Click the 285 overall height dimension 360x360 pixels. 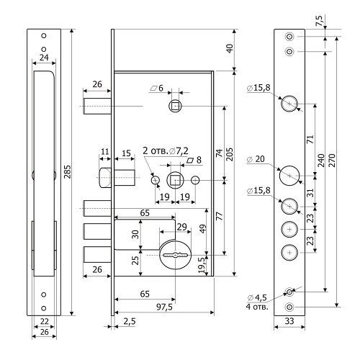[x=68, y=172]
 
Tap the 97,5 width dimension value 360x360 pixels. [x=164, y=307]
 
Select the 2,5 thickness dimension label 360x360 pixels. [x=130, y=321]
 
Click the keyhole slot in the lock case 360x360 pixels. [x=175, y=255]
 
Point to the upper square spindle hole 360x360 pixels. [x=176, y=106]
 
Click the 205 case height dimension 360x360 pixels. [x=230, y=154]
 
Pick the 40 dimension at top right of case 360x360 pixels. [x=230, y=48]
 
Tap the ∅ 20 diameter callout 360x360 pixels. [x=256, y=159]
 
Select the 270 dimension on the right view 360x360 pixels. [x=332, y=161]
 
